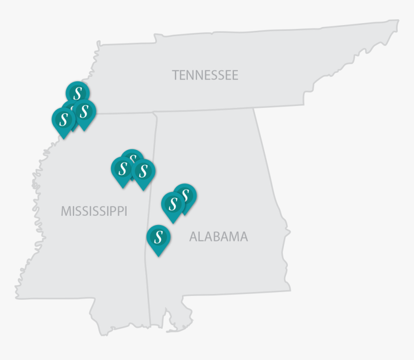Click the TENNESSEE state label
point(205,75)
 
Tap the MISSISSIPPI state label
point(94,211)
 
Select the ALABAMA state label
point(219,237)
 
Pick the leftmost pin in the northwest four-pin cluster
point(63,119)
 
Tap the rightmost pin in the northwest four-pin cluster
point(85,111)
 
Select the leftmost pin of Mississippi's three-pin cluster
point(122,169)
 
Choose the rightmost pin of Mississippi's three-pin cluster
point(143,172)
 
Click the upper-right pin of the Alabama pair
point(185,195)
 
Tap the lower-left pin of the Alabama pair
point(173,204)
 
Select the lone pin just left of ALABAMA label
point(158,237)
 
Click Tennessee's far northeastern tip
point(397,21)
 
